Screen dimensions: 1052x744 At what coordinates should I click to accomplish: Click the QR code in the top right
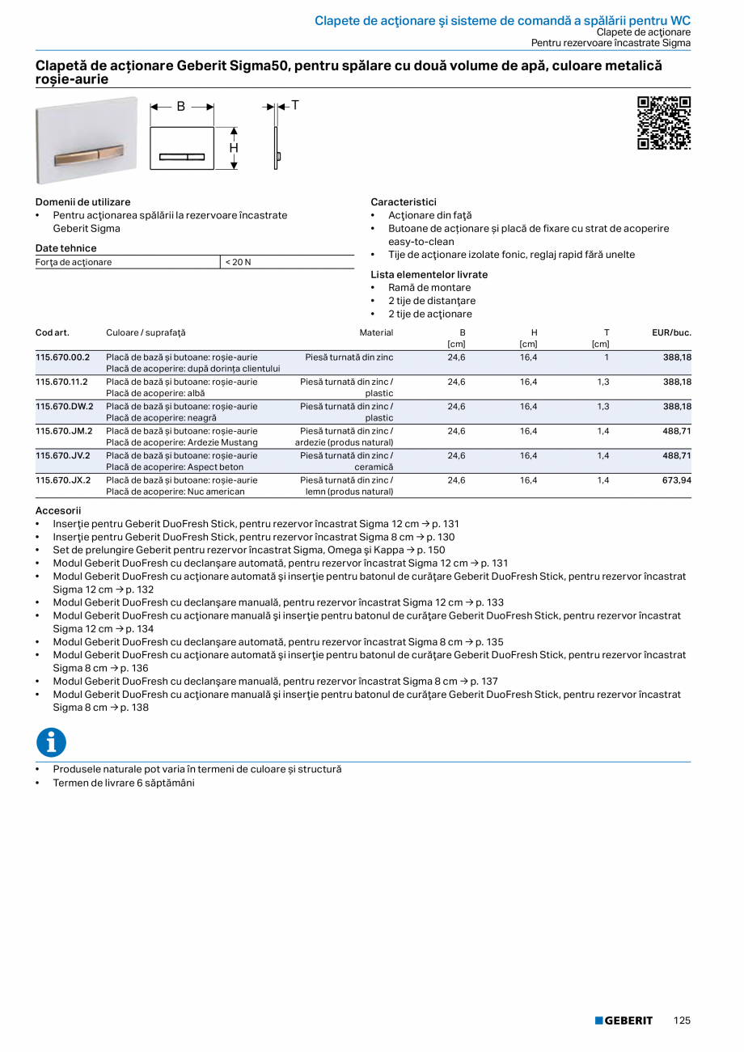click(664, 123)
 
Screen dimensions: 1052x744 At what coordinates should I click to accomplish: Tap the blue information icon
click(51, 742)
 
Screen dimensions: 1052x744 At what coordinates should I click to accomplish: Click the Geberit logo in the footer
click(624, 1020)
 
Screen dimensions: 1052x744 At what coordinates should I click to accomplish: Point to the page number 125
click(682, 1020)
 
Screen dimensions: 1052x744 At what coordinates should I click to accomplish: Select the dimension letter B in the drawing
click(181, 107)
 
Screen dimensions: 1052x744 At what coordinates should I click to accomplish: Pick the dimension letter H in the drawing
click(234, 148)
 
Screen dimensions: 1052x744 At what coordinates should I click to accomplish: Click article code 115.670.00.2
click(63, 357)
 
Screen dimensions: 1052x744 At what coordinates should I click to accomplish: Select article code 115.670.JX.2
click(63, 480)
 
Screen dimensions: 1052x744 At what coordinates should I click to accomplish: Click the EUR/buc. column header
click(671, 332)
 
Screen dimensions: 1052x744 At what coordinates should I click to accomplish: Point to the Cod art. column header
click(53, 332)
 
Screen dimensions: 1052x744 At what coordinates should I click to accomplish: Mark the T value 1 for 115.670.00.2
click(607, 357)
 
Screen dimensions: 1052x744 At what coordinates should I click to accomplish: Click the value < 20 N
click(238, 262)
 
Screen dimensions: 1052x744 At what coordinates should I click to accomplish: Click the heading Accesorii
click(58, 511)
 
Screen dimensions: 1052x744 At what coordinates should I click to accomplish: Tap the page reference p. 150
click(430, 550)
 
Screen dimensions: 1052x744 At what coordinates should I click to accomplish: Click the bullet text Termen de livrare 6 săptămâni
click(124, 783)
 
